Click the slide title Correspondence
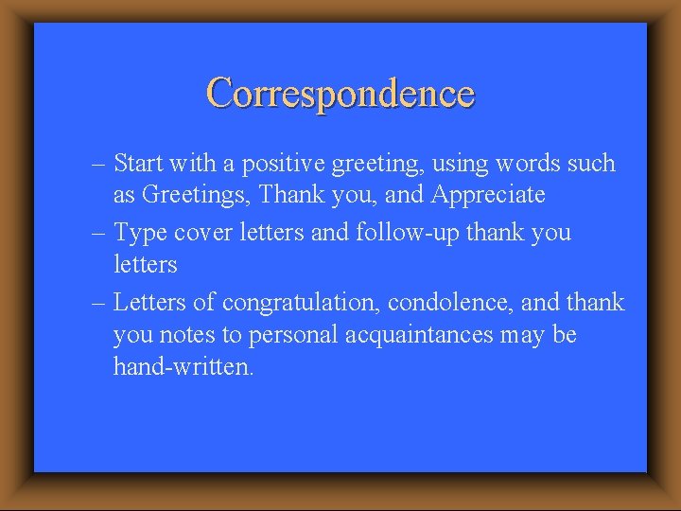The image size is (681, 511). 340,93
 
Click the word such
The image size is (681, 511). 591,164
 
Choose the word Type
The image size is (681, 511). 139,233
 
